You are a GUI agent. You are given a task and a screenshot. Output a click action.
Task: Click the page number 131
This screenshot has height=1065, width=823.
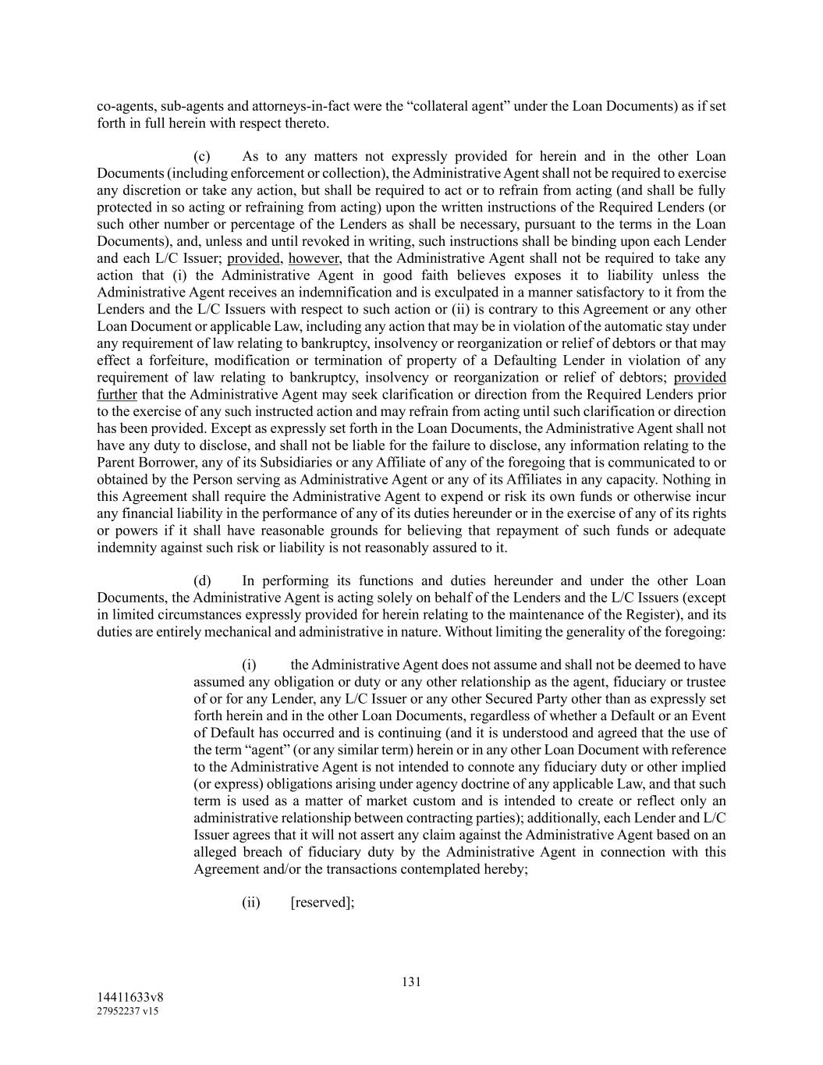(411, 982)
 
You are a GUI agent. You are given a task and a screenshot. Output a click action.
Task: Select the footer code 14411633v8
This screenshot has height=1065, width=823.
(129, 998)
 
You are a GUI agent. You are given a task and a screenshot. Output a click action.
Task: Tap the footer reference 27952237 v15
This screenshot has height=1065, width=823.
(128, 1012)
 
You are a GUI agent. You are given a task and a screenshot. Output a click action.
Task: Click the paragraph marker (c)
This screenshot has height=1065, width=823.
(202, 156)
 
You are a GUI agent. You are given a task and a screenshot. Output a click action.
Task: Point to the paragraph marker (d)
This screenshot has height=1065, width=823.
(202, 580)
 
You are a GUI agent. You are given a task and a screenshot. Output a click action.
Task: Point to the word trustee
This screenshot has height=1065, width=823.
(704, 682)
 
